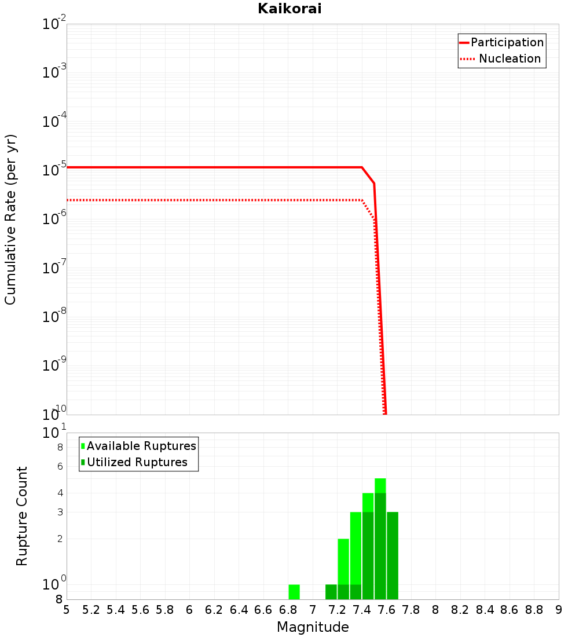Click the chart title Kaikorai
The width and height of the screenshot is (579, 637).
click(289, 9)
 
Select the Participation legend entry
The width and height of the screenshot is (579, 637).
click(507, 42)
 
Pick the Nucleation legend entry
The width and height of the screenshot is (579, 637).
click(510, 58)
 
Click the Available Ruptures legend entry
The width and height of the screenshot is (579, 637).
click(141, 446)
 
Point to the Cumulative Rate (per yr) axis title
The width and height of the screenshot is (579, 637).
click(10, 219)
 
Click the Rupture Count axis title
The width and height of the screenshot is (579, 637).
click(22, 516)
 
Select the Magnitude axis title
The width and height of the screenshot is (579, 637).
click(313, 627)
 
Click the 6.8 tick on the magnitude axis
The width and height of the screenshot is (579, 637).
click(288, 610)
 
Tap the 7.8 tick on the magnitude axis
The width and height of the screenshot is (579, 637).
click(411, 610)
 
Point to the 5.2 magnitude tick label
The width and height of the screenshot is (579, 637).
click(91, 610)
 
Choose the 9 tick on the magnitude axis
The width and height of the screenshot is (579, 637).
click(558, 610)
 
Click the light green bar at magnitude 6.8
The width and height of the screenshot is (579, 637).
click(294, 592)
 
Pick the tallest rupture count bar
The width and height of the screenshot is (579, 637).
click(380, 539)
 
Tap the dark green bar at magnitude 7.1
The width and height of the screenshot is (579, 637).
click(331, 592)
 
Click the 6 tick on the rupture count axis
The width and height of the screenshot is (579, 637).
click(59, 466)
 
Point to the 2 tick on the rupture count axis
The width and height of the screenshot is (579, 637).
click(59, 539)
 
